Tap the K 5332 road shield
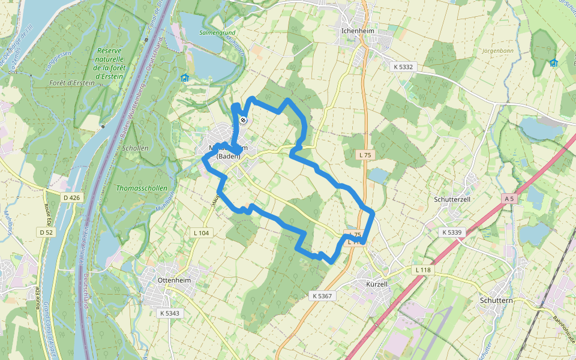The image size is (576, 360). [x=404, y=67]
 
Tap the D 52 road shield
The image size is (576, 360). [x=46, y=232]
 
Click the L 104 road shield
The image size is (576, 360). [x=201, y=232]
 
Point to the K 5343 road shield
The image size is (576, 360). [x=170, y=313]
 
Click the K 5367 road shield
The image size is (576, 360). [x=322, y=296]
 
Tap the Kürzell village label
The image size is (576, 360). [x=377, y=283]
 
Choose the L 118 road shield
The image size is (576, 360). [x=422, y=271]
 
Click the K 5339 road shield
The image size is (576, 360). [x=452, y=232]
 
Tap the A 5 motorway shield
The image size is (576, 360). [x=509, y=198]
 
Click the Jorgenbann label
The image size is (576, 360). [x=498, y=51]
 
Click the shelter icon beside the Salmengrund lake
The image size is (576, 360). [x=185, y=77]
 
